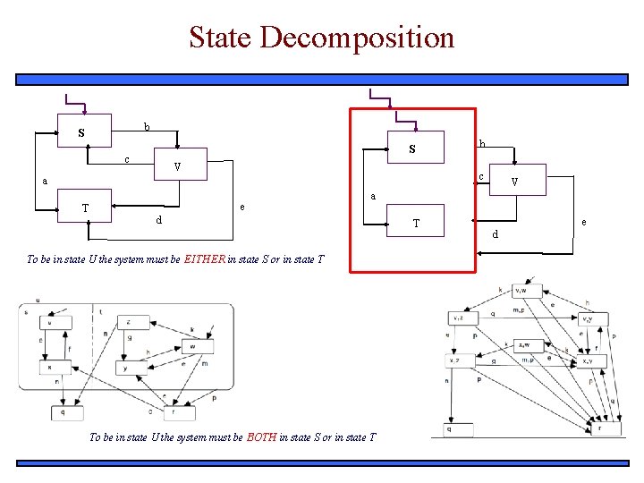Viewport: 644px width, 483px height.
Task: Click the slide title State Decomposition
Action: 321,38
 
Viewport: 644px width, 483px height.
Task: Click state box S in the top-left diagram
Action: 84,132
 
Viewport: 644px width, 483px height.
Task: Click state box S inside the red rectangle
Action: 411,149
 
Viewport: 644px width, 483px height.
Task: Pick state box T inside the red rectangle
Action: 414,222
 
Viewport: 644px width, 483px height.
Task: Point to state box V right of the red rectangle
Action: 513,184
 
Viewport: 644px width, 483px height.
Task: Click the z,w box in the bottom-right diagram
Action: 524,345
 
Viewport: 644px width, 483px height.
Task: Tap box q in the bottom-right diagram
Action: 448,429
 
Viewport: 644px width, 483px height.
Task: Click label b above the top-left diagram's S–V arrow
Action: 147,126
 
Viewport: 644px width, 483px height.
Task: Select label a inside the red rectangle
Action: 373,196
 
